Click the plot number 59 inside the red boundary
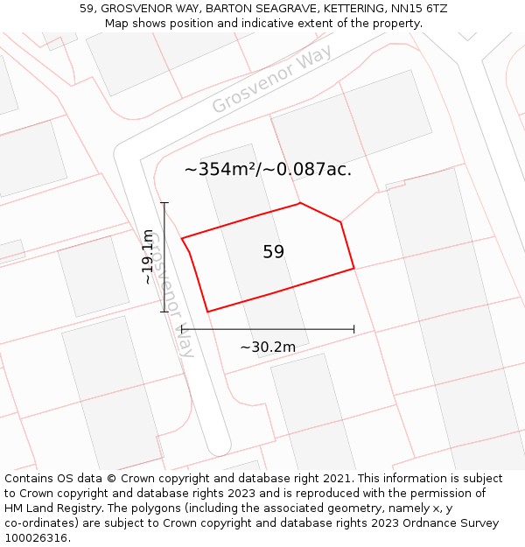tap(274, 252)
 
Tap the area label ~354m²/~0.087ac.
tap(268, 170)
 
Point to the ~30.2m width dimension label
tap(268, 347)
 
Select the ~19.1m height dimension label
tap(149, 256)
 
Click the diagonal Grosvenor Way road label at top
tap(271, 81)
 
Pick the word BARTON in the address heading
tap(230, 8)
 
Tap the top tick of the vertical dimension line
tap(164, 203)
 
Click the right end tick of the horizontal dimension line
tap(353, 329)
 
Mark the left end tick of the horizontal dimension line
tap(182, 329)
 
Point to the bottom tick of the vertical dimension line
tap(164, 312)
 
